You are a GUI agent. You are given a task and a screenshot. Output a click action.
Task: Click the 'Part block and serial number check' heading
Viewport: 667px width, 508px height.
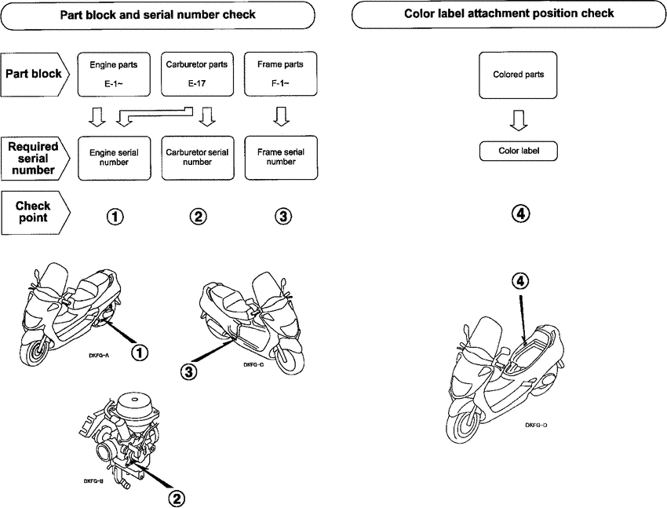point(157,14)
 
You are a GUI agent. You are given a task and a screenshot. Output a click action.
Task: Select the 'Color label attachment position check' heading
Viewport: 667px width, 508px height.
point(509,14)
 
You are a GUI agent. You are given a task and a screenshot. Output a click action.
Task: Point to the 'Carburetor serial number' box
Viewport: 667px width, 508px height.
point(198,157)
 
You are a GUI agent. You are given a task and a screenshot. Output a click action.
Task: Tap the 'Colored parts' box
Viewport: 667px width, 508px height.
point(518,75)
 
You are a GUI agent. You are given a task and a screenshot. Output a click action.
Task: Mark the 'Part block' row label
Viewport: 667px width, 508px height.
point(35,75)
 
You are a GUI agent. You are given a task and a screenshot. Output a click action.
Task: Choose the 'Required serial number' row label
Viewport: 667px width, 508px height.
point(35,157)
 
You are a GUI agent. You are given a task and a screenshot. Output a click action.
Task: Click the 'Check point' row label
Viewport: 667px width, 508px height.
point(35,212)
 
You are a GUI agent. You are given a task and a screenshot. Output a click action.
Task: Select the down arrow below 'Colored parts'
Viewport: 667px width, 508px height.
point(518,119)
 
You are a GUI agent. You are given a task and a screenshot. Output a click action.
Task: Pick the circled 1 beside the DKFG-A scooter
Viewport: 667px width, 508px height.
point(139,353)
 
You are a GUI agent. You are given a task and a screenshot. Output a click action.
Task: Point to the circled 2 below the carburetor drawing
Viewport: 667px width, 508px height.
point(178,496)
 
